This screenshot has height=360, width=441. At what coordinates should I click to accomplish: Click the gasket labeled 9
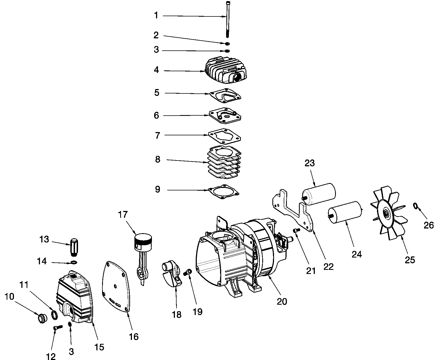224,190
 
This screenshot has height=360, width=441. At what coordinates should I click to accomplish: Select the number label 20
282,301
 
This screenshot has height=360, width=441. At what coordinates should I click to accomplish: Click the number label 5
157,93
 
